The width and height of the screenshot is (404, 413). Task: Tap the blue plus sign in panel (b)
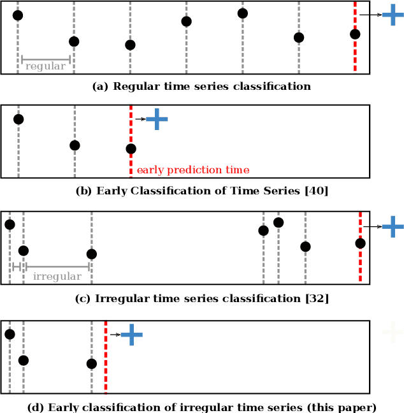(x=157, y=119)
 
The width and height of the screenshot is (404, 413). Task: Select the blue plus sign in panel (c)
(x=393, y=226)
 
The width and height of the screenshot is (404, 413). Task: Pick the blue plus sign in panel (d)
(x=131, y=335)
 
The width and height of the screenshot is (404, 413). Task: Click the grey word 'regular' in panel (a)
(x=45, y=66)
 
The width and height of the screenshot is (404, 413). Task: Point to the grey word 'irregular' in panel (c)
(x=57, y=277)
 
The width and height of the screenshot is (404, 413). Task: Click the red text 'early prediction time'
(x=193, y=170)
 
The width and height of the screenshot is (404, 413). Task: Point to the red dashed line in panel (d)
(x=106, y=376)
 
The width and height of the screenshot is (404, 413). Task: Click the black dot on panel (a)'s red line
(x=355, y=34)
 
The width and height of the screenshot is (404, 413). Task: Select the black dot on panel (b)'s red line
(x=131, y=149)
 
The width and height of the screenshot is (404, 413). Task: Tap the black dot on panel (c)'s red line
(x=360, y=243)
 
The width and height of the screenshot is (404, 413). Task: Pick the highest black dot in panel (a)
(x=242, y=13)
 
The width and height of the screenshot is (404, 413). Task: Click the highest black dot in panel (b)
(x=18, y=119)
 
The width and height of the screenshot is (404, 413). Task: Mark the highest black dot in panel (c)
(x=278, y=222)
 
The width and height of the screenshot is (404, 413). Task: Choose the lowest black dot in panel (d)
(x=91, y=364)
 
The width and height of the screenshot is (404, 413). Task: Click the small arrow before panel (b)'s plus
(x=140, y=119)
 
